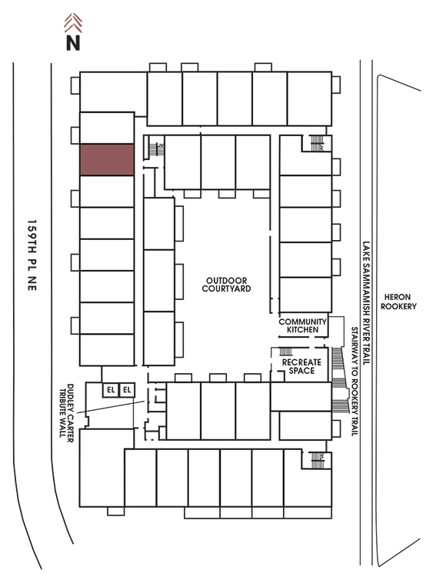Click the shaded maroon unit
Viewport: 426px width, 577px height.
107,160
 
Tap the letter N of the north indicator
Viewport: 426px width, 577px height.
73,42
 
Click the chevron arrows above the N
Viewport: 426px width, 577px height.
73,23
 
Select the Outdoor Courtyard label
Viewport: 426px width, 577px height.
226,285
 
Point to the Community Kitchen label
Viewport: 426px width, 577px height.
302,325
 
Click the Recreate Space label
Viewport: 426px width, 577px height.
301,366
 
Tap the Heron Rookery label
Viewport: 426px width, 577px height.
398,302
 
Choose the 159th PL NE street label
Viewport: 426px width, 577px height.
32,255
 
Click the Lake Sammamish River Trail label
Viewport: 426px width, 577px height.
366,303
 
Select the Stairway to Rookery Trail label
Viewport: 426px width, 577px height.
354,382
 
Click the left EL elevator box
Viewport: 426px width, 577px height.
111,390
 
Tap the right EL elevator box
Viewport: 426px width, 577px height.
127,390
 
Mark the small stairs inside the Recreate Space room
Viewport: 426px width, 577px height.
286,352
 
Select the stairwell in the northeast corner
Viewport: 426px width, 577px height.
317,143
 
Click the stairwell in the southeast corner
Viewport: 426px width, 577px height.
317,460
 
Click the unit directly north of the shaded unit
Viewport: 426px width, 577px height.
107,128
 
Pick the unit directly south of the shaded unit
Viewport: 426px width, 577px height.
107,192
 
